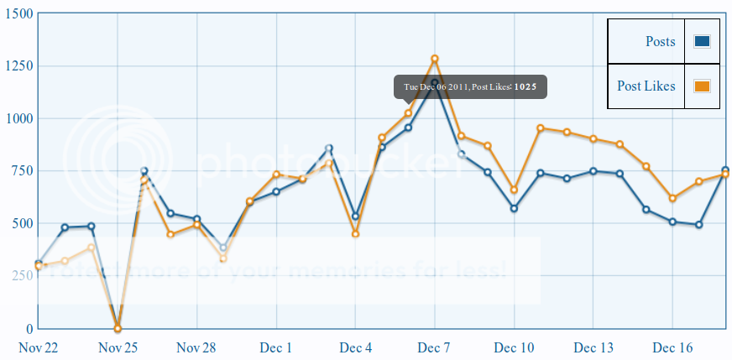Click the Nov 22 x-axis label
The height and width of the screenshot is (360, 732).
coord(38,347)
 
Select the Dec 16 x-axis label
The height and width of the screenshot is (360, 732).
coord(672,347)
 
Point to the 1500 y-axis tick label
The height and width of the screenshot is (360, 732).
coord(18,14)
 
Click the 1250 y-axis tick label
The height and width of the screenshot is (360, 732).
coord(18,66)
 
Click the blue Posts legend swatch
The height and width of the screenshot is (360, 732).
coord(703,41)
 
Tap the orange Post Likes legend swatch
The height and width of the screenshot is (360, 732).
coord(703,86)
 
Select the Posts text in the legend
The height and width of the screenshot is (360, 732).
coord(660,41)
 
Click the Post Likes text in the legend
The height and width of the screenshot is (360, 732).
coord(646,86)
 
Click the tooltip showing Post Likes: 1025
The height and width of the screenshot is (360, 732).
coord(470,86)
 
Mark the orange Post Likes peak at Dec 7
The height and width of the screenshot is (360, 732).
coord(435,59)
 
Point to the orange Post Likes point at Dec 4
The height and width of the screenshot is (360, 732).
coord(355,234)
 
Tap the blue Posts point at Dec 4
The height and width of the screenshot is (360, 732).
coord(355,217)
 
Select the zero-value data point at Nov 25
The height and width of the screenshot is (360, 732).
coord(118,328)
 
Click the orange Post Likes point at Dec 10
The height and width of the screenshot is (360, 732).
coord(514,190)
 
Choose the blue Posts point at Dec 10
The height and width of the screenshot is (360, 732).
coord(514,208)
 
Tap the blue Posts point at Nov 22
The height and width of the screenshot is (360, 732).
coord(39,263)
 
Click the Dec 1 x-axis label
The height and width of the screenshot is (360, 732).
coord(276,347)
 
